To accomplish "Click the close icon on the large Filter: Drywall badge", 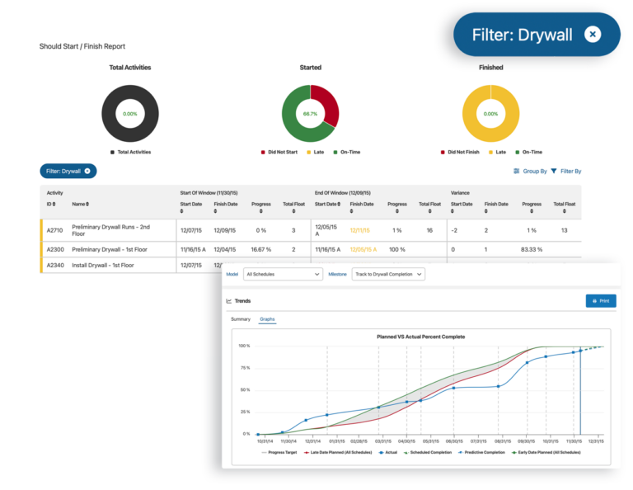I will tap(593, 34).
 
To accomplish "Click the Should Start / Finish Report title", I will tap(82, 46).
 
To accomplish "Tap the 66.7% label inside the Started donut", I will tap(310, 114).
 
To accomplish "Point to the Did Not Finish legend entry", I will tap(464, 153).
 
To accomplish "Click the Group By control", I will tap(531, 171).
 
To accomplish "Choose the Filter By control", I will tap(566, 171).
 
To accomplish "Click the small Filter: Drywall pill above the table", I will tap(68, 171).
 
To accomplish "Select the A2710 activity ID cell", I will tap(56, 230).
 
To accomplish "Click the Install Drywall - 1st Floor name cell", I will tap(103, 266).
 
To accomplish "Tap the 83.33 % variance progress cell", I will tap(532, 248).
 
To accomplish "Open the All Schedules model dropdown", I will tap(283, 274).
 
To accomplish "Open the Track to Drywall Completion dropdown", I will tap(388, 274).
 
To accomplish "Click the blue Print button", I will tap(600, 301).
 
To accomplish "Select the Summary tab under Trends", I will tap(241, 319).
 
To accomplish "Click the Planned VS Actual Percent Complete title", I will tap(420, 337).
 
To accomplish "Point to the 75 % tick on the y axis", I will tap(244, 368).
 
